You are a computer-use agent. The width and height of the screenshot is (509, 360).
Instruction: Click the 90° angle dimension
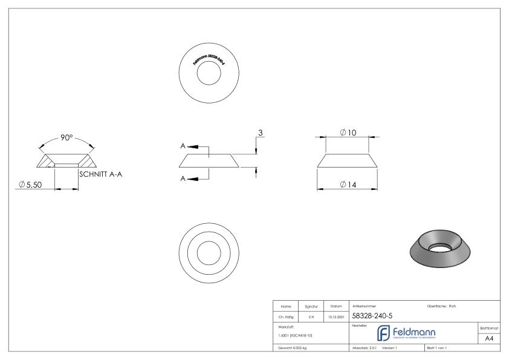point(66,138)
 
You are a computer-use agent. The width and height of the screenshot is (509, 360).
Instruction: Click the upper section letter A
point(183,146)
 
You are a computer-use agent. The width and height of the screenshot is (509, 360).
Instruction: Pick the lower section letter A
point(183,178)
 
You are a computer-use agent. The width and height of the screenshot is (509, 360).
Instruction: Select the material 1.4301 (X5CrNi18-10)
point(294,335)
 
